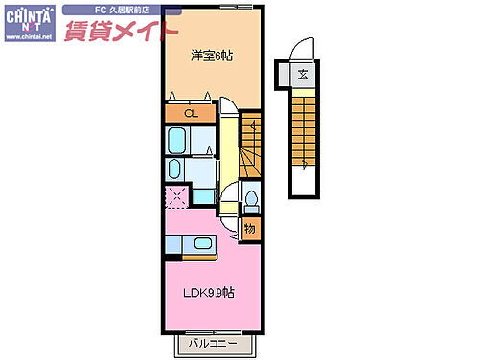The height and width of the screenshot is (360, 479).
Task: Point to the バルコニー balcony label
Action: pos(213,342)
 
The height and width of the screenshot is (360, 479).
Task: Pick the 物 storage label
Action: pos(249,228)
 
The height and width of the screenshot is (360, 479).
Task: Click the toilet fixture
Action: pos(250,198)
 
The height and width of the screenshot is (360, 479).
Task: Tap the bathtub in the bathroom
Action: pos(179,143)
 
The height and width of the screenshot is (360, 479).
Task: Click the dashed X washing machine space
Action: pos(176,199)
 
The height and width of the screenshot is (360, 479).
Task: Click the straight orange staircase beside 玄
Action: pos(303,134)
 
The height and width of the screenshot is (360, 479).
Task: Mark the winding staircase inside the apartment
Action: pos(251,144)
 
